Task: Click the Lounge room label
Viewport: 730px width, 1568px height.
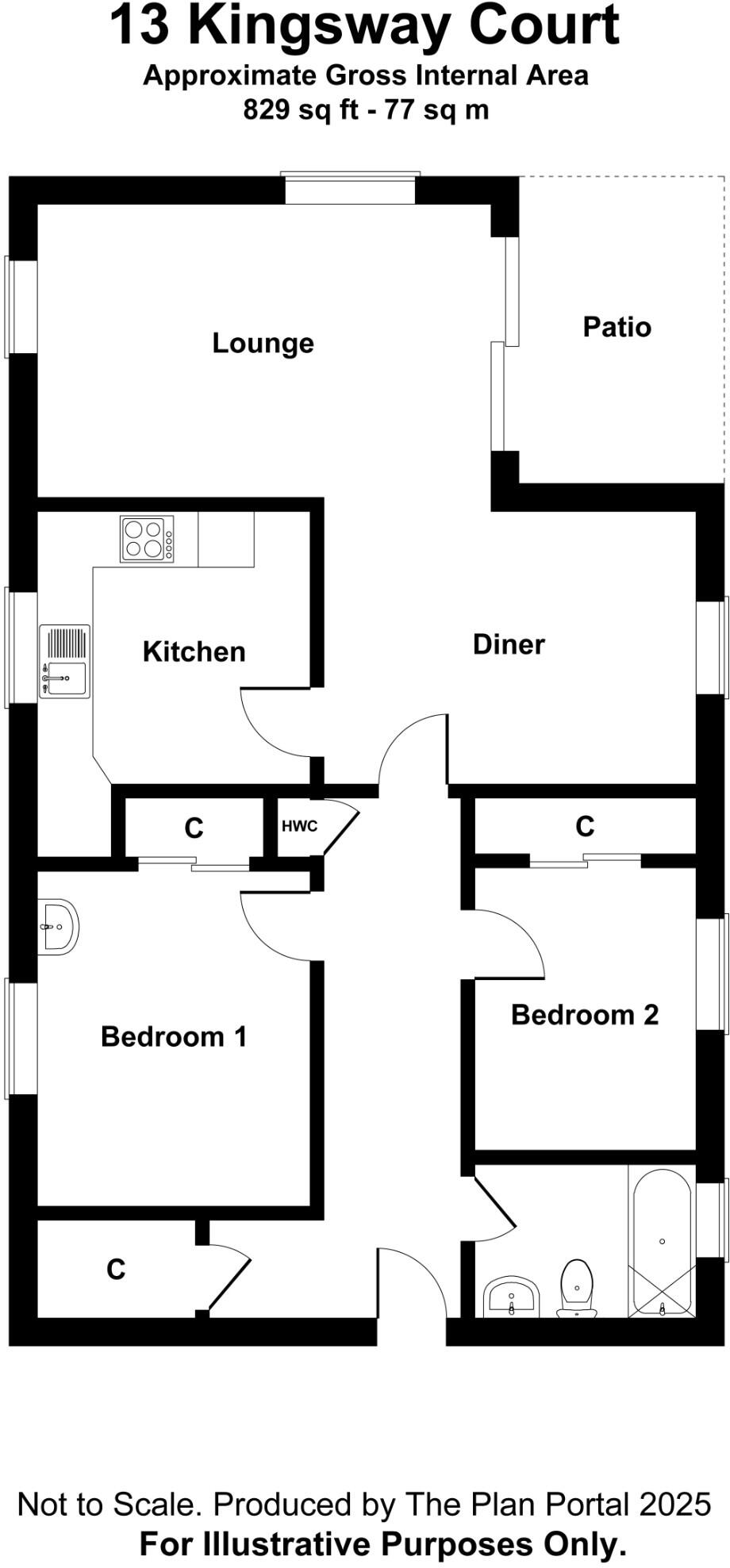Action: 263,344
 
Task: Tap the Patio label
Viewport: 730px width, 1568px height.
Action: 617,327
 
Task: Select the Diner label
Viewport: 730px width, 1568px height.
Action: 509,644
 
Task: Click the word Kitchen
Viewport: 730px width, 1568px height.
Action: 194,651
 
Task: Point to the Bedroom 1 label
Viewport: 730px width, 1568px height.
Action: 174,1036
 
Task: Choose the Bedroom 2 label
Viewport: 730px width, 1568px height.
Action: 585,1015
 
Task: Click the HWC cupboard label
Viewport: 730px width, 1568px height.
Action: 299,826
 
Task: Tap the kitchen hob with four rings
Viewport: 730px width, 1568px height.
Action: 147,539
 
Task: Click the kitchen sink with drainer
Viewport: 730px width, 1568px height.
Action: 64,661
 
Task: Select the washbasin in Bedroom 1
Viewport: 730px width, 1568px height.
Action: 58,926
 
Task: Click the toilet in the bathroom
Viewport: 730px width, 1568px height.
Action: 577,1288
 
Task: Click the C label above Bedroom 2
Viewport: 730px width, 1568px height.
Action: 585,827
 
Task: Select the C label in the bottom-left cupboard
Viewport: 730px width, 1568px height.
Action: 116,1270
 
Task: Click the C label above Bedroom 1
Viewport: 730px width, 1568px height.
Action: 194,828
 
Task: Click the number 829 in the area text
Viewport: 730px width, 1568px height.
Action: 267,110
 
